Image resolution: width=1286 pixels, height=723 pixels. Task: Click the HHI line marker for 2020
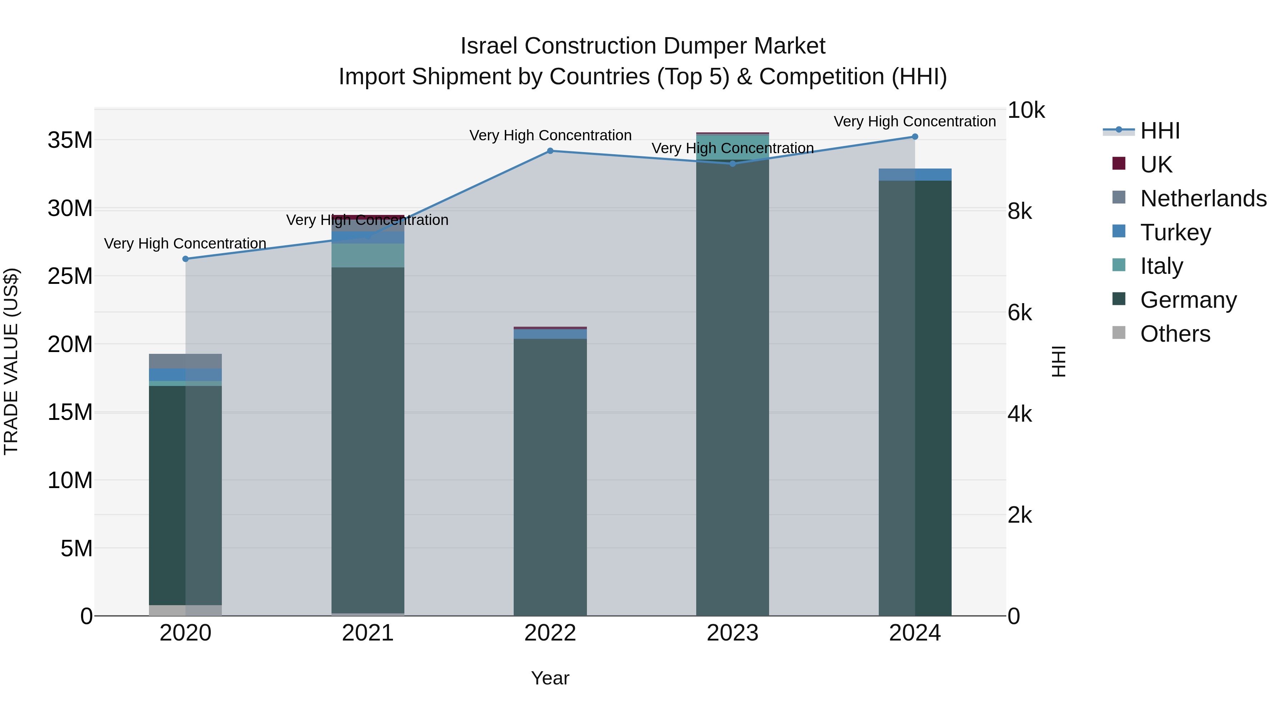coord(185,259)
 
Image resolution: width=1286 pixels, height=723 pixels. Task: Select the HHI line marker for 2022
coord(550,151)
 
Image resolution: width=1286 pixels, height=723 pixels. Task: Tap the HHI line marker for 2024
coord(915,137)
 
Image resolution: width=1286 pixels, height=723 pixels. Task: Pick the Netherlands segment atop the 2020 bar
coord(185,361)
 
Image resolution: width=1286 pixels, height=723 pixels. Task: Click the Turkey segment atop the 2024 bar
coord(915,175)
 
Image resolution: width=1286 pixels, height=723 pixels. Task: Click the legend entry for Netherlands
coord(1203,199)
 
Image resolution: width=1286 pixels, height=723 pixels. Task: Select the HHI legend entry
coord(1160,131)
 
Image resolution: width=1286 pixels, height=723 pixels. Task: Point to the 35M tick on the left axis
coord(70,140)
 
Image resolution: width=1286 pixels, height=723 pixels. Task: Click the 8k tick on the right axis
coord(1020,212)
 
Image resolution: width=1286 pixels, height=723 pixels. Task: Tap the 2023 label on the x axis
coord(732,633)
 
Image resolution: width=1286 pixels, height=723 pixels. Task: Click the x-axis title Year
coord(550,678)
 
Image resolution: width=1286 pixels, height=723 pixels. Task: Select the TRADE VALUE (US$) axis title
coord(11,361)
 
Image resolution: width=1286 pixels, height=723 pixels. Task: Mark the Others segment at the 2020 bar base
coord(185,610)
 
